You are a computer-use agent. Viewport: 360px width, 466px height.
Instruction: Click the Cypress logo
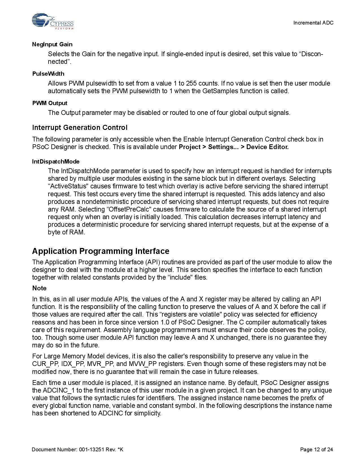pos(53,21)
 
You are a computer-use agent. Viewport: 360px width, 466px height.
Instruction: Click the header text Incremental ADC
pos(313,23)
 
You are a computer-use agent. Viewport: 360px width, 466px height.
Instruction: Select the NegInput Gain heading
pos(52,44)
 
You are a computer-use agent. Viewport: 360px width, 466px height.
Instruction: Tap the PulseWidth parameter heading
pos(48,74)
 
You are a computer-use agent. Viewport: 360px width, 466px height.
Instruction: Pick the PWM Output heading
pos(50,103)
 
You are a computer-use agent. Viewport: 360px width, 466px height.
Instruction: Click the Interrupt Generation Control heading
pos(80,128)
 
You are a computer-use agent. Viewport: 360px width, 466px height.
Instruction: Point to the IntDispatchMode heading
pos(56,162)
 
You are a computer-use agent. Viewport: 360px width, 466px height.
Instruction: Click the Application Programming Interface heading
pos(101,251)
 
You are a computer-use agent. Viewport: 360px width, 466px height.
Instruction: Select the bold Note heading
pos(39,288)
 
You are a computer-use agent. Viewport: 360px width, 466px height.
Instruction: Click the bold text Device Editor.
pos(267,147)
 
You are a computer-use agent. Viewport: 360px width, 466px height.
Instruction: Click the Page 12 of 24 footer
pos(316,449)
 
